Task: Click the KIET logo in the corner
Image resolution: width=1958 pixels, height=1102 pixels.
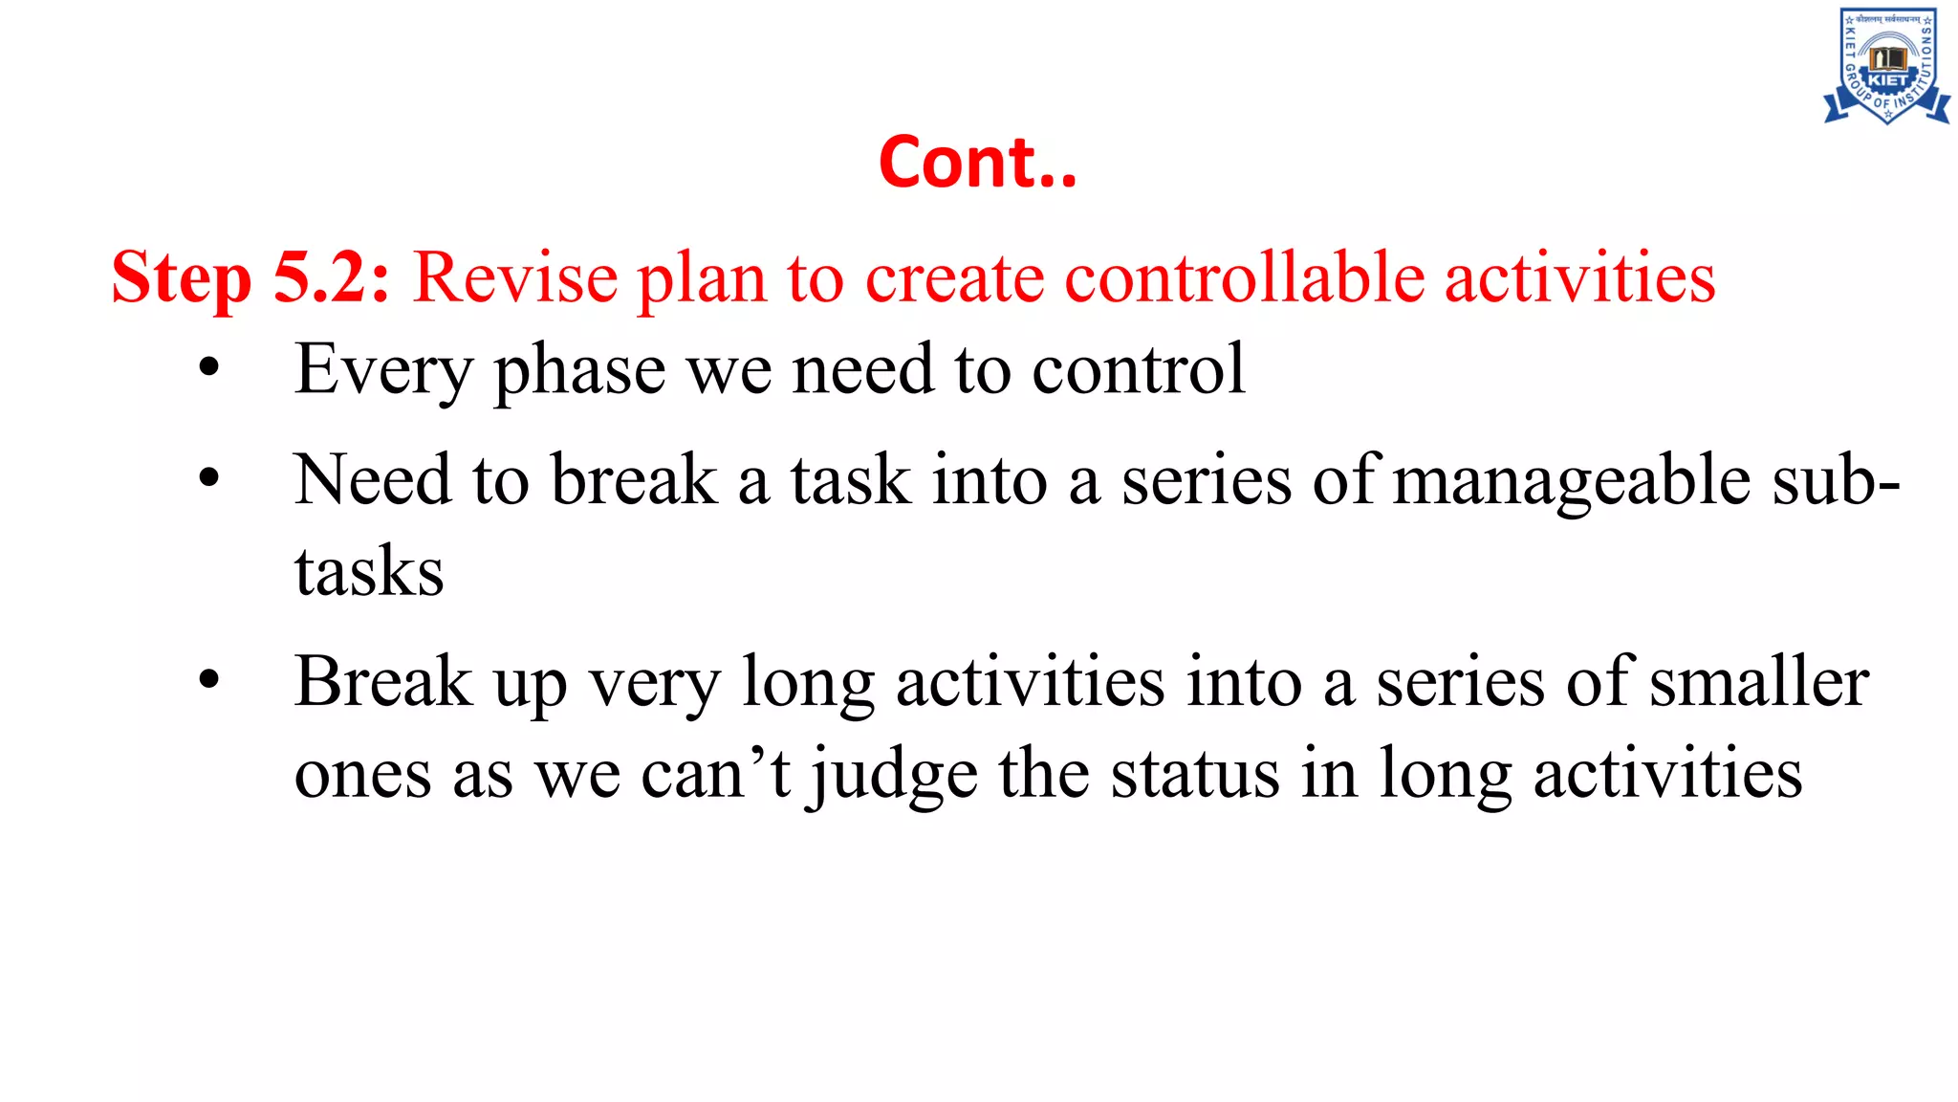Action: point(1885,65)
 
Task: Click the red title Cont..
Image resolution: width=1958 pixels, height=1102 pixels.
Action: point(977,163)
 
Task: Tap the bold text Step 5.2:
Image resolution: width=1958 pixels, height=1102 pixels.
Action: point(250,278)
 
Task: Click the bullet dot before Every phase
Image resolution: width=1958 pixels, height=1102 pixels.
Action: point(209,367)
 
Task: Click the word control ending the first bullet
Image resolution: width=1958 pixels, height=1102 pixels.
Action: point(1138,369)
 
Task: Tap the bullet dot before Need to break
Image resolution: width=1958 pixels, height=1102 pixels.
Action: point(209,477)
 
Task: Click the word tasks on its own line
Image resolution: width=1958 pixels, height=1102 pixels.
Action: point(369,571)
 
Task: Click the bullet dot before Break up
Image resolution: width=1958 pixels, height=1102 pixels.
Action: point(209,680)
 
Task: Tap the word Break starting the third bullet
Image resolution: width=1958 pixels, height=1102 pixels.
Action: point(383,682)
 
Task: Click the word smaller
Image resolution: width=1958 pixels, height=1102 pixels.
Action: point(1759,682)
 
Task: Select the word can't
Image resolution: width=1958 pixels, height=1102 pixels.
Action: point(715,773)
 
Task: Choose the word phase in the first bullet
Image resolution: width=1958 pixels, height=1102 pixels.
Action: point(579,371)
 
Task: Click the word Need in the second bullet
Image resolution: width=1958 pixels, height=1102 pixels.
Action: point(372,479)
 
